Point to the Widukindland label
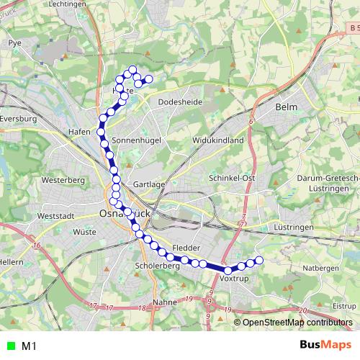(x=218, y=140)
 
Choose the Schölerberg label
(x=156, y=266)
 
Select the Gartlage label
(x=150, y=184)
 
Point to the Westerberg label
(x=64, y=179)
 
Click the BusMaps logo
(x=326, y=346)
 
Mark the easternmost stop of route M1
(x=259, y=260)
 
